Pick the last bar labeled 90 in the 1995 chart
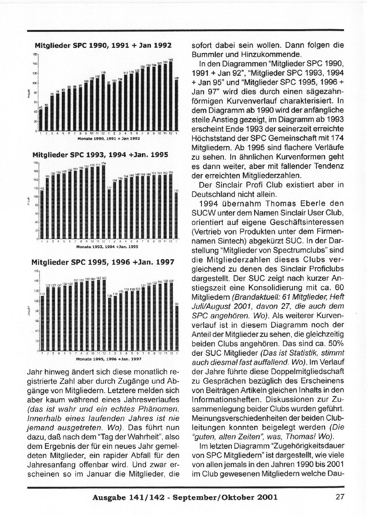[x=176, y=328]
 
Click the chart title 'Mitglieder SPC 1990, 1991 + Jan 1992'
[x=103, y=46]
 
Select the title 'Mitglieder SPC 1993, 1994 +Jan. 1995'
[x=100, y=155]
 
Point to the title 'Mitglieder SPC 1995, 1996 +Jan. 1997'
[x=103, y=262]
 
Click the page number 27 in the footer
[x=340, y=497]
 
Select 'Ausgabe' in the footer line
[x=109, y=497]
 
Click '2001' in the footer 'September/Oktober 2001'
[x=267, y=497]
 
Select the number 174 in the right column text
[x=338, y=138]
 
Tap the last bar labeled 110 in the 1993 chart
[x=176, y=216]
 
